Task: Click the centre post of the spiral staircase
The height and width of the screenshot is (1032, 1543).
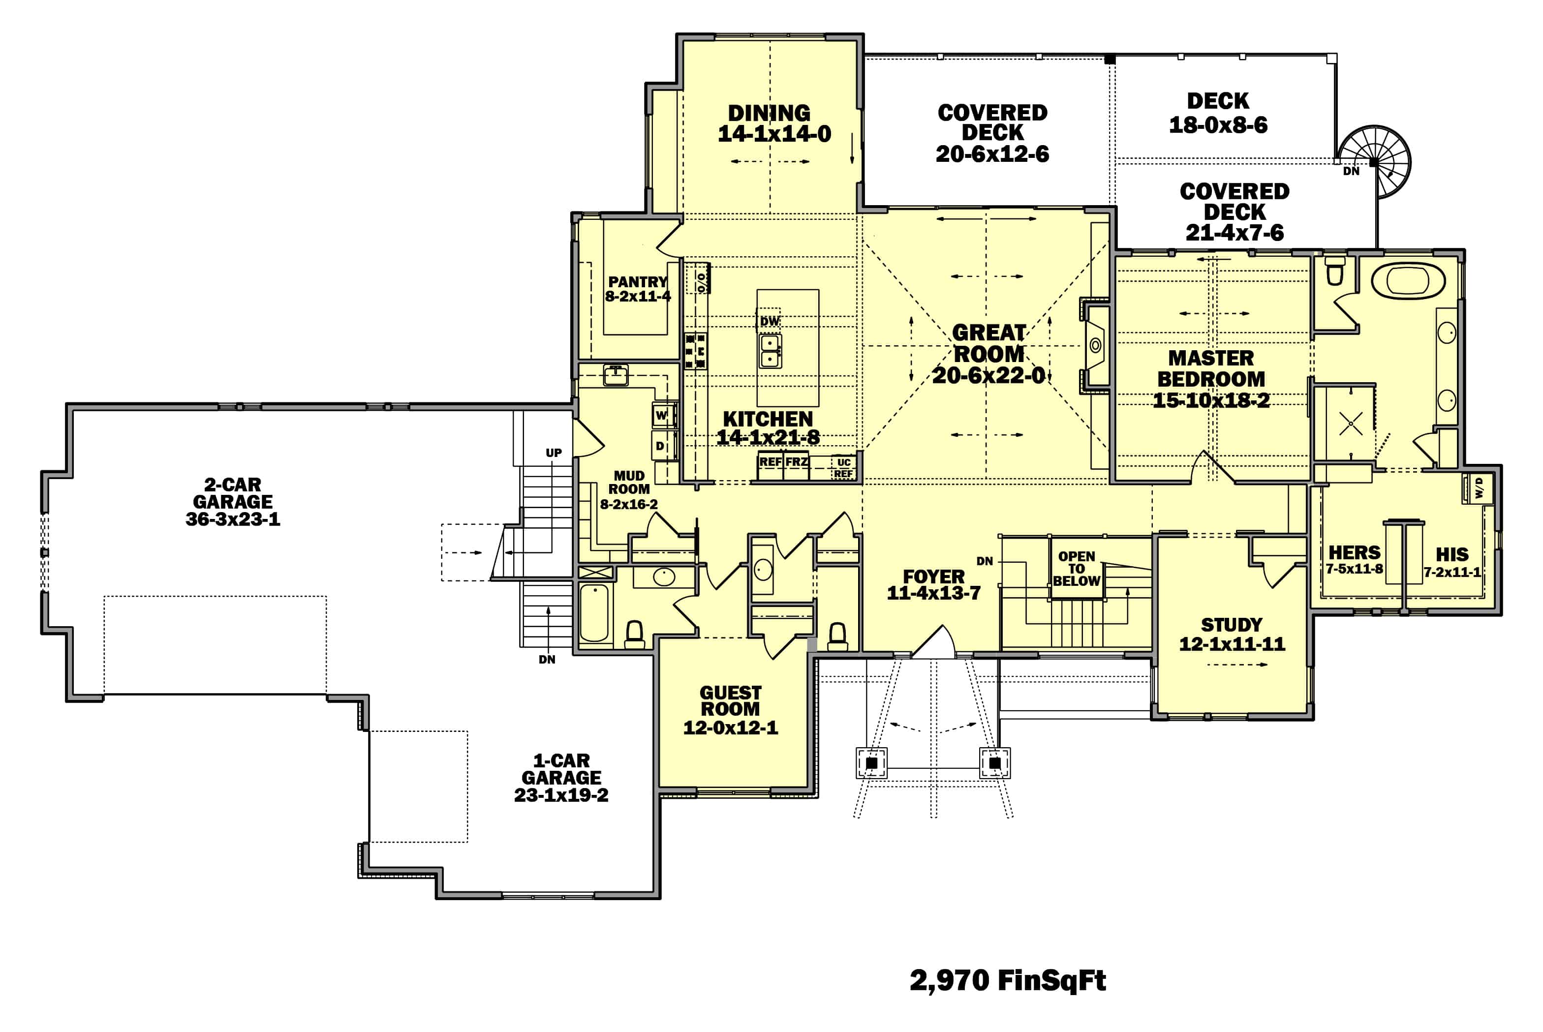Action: coord(1374,162)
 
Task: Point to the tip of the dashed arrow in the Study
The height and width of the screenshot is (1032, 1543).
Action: coord(1267,665)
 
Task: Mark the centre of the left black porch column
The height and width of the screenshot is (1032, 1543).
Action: coord(871,763)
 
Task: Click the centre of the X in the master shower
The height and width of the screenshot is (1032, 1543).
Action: coord(1351,424)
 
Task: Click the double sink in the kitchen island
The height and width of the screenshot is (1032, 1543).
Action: coord(770,351)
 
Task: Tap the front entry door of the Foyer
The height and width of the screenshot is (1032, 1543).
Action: coord(933,642)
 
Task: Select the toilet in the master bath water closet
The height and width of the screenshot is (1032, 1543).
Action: coord(1334,271)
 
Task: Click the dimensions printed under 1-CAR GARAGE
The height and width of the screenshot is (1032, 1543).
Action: coord(561,795)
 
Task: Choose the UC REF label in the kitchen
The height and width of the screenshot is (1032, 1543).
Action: coord(843,468)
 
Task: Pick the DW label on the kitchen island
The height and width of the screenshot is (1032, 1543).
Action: coord(770,321)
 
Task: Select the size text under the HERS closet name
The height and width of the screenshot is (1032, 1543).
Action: coord(1354,569)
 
